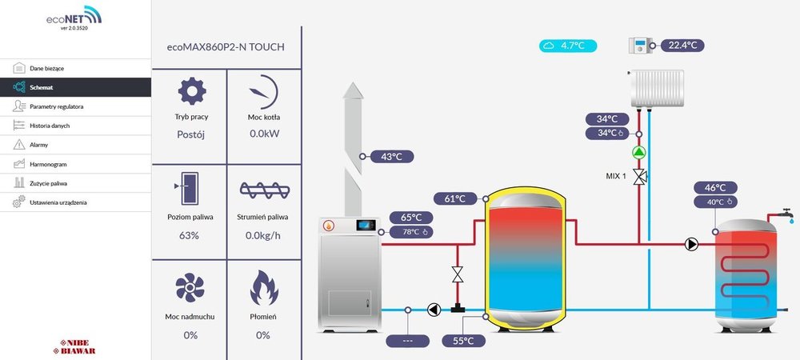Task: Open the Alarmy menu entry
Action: tap(38, 145)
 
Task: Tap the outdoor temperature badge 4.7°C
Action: tap(567, 46)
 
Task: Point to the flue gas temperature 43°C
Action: tap(390, 157)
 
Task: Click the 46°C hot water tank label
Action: tap(714, 188)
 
